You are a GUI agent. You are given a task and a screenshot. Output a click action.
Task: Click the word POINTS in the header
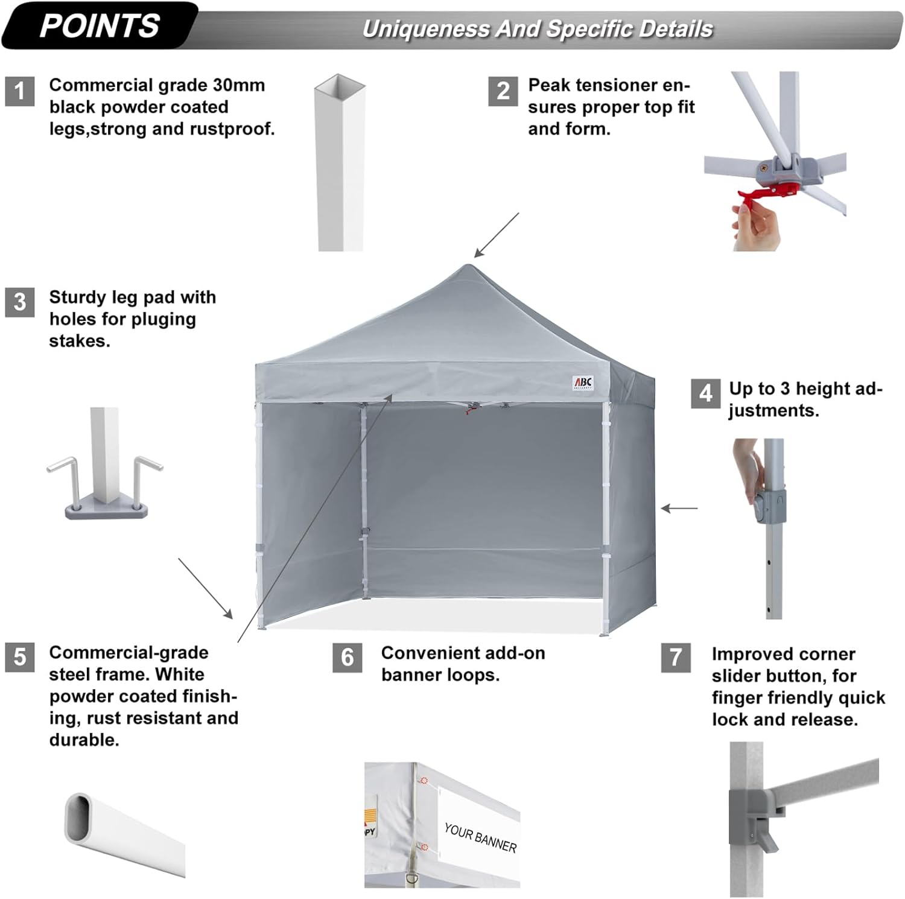pos(100,26)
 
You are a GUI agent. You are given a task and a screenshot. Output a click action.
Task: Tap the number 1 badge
pos(20,91)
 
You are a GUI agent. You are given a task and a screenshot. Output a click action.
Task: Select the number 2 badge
pos(503,91)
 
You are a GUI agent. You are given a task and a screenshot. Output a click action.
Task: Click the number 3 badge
pos(20,302)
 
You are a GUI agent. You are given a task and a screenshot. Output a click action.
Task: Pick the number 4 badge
pos(705,393)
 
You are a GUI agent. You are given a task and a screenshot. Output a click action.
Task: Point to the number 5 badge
pos(20,657)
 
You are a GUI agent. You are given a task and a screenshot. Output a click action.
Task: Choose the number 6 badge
pos(348,657)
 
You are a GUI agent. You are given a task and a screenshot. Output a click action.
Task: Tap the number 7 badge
pos(676,657)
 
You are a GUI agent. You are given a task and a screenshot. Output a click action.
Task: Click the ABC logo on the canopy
pos(583,383)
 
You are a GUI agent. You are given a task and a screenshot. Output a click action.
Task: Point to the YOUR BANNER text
pos(480,838)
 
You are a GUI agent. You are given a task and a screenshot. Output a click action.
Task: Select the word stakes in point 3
pos(79,341)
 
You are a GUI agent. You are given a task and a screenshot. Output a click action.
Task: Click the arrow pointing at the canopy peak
pos(496,235)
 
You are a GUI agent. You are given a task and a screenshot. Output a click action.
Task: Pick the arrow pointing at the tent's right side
pos(679,509)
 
